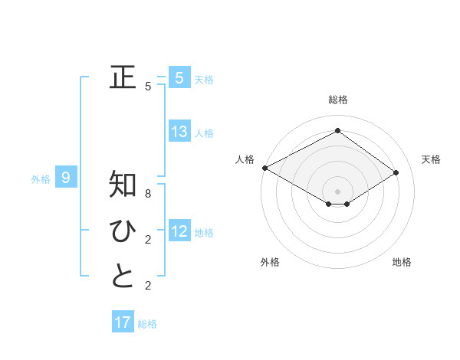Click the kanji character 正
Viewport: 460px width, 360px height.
click(x=123, y=77)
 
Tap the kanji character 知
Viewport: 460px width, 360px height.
click(x=123, y=185)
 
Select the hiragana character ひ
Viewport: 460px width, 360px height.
click(x=123, y=231)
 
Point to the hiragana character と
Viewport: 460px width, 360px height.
click(x=123, y=277)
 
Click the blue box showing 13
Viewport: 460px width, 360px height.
click(x=179, y=132)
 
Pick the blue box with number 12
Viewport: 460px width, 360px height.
click(x=179, y=231)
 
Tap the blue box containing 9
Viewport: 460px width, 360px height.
click(x=66, y=178)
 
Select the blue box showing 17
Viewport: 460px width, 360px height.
click(x=123, y=322)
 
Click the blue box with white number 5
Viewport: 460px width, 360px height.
click(x=179, y=77)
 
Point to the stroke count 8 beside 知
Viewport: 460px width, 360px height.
click(x=149, y=195)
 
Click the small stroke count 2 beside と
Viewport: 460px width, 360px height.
click(x=149, y=286)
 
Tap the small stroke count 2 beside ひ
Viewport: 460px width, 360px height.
click(x=149, y=240)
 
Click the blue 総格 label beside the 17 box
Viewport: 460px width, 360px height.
click(x=147, y=324)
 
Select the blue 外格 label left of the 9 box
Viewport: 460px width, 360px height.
click(x=41, y=179)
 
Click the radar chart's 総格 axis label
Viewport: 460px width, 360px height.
click(x=337, y=100)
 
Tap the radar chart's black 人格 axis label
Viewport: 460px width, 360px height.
click(x=245, y=159)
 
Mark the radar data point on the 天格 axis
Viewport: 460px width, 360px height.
click(x=396, y=172)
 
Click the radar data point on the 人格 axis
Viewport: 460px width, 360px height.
click(x=264, y=168)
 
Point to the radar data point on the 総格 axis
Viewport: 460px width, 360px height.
click(x=337, y=131)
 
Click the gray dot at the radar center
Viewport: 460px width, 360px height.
click(x=337, y=191)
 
